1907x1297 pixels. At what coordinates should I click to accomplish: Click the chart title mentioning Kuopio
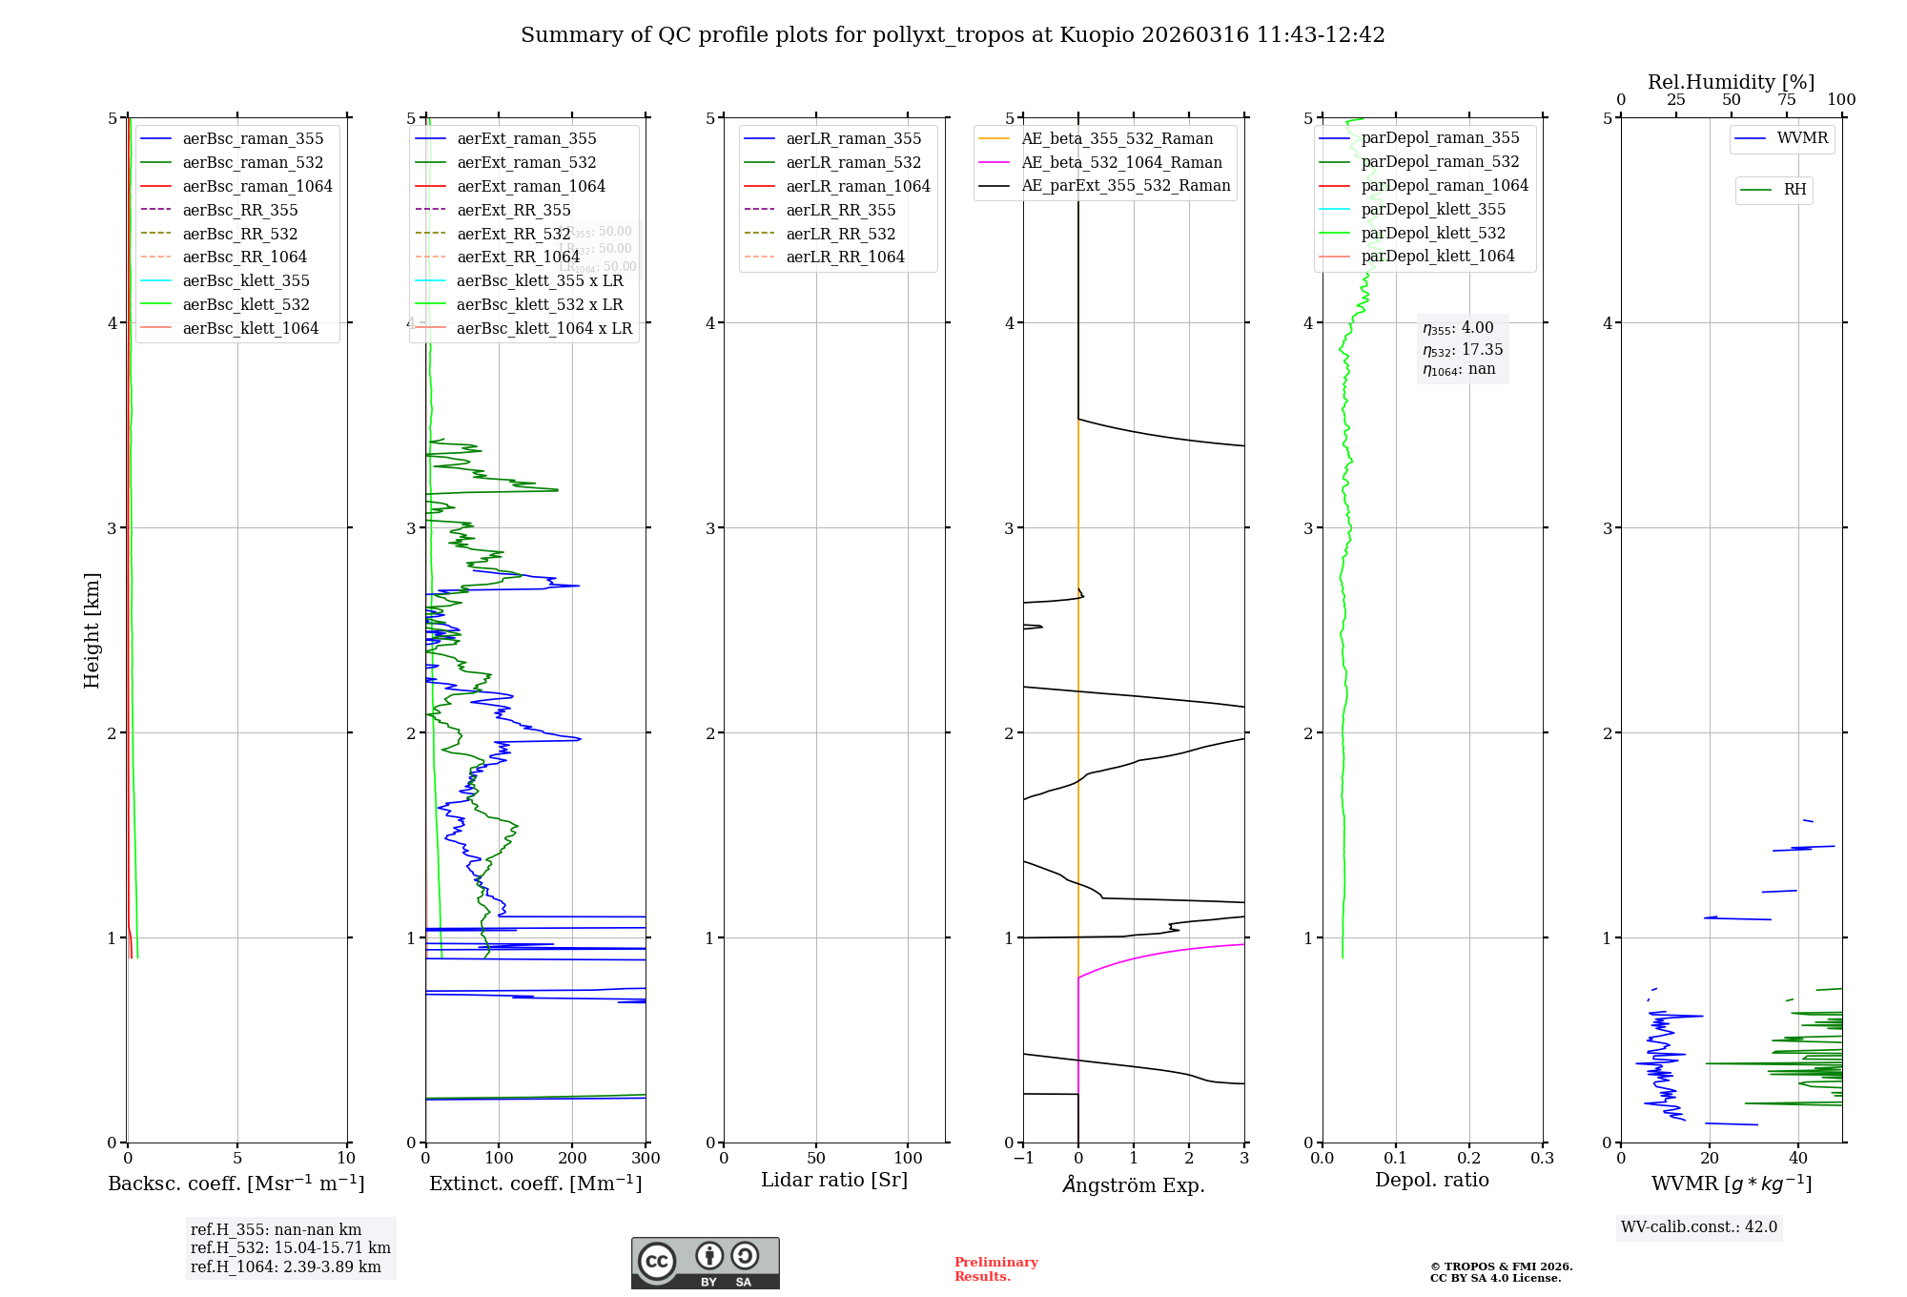tap(953, 35)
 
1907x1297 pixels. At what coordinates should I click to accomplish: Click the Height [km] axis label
tap(92, 630)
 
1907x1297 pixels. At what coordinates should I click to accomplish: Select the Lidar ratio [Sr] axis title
tap(834, 1180)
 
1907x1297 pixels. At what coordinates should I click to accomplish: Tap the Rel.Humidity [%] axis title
tap(1731, 82)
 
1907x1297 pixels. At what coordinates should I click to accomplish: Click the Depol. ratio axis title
tap(1431, 1180)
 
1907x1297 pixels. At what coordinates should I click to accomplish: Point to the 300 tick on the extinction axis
tap(646, 1158)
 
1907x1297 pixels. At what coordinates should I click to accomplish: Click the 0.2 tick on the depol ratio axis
tap(1469, 1158)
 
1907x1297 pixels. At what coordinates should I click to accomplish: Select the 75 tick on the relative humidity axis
tap(1786, 100)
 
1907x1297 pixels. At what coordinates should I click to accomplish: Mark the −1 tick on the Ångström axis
tap(1023, 1158)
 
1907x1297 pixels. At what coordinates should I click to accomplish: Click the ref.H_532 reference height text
tap(290, 1247)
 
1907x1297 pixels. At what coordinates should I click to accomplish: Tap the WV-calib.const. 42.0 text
tap(1698, 1226)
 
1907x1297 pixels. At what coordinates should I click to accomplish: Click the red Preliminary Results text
tap(995, 1268)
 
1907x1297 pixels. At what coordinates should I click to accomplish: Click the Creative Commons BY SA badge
tap(705, 1263)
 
